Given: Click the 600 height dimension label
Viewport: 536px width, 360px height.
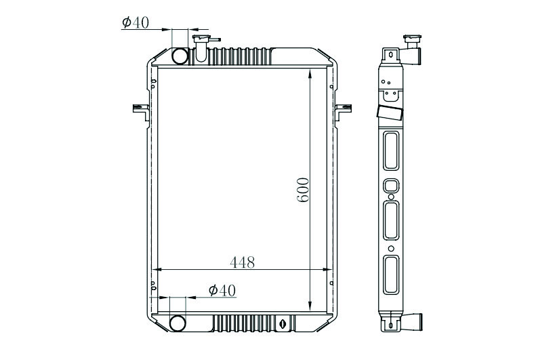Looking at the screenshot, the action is point(303,190).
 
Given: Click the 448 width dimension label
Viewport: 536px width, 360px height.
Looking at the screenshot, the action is point(243,262).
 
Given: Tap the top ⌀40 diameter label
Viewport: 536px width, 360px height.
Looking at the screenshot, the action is point(136,22).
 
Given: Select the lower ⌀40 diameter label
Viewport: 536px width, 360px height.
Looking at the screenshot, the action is point(222,291).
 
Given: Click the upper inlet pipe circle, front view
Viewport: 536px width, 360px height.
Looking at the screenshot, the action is point(180,56).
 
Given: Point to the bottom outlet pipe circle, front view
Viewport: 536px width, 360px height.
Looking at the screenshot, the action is point(178,323).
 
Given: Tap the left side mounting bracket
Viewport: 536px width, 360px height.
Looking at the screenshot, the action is point(141,112).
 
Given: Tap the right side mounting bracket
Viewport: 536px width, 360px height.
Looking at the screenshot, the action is point(343,112).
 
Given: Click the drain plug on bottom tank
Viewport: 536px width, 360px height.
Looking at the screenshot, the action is point(283,323).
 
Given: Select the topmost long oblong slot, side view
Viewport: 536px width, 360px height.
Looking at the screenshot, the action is point(391,151).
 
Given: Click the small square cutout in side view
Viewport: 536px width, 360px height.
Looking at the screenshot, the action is point(391,186).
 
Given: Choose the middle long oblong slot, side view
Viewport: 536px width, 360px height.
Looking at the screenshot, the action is point(391,220).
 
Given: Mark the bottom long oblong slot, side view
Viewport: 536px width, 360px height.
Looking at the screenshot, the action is point(391,275).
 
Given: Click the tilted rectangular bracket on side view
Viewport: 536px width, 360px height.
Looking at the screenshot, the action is point(390,113).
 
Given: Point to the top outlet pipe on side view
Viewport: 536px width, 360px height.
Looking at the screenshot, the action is point(411,56).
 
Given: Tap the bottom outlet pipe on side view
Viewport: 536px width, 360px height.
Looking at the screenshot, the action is point(412,322).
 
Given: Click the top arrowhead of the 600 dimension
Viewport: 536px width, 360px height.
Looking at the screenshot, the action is point(310,73).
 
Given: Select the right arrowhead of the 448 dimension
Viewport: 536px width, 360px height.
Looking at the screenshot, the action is point(327,269).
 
